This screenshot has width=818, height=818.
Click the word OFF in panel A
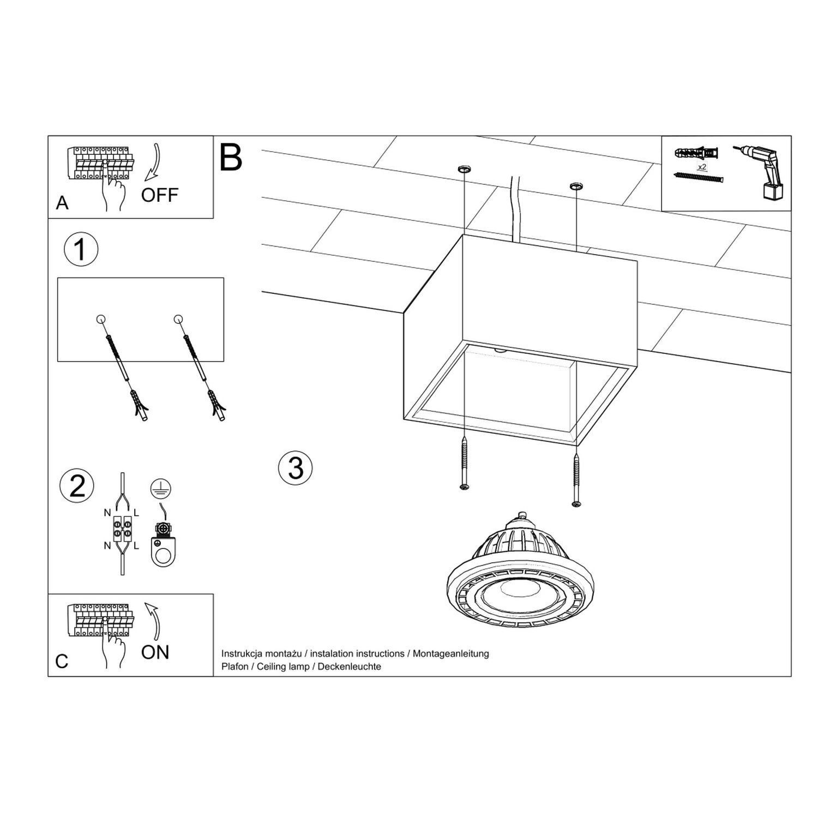pyautogui.click(x=159, y=195)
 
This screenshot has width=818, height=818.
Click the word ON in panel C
pyautogui.click(x=155, y=652)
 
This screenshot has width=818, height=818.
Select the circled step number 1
pyautogui.click(x=81, y=250)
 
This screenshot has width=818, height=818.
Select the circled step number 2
pyautogui.click(x=77, y=486)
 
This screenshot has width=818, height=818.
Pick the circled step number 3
pyautogui.click(x=295, y=468)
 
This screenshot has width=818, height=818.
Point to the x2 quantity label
pyautogui.click(x=702, y=166)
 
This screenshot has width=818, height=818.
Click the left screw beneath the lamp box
pyautogui.click(x=464, y=463)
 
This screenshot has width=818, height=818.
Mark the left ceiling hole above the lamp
pyautogui.click(x=464, y=169)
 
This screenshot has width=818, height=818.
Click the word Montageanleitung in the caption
pyautogui.click(x=450, y=653)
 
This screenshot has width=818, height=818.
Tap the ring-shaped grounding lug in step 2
pyautogui.click(x=161, y=555)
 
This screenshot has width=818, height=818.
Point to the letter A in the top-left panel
pyautogui.click(x=62, y=203)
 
